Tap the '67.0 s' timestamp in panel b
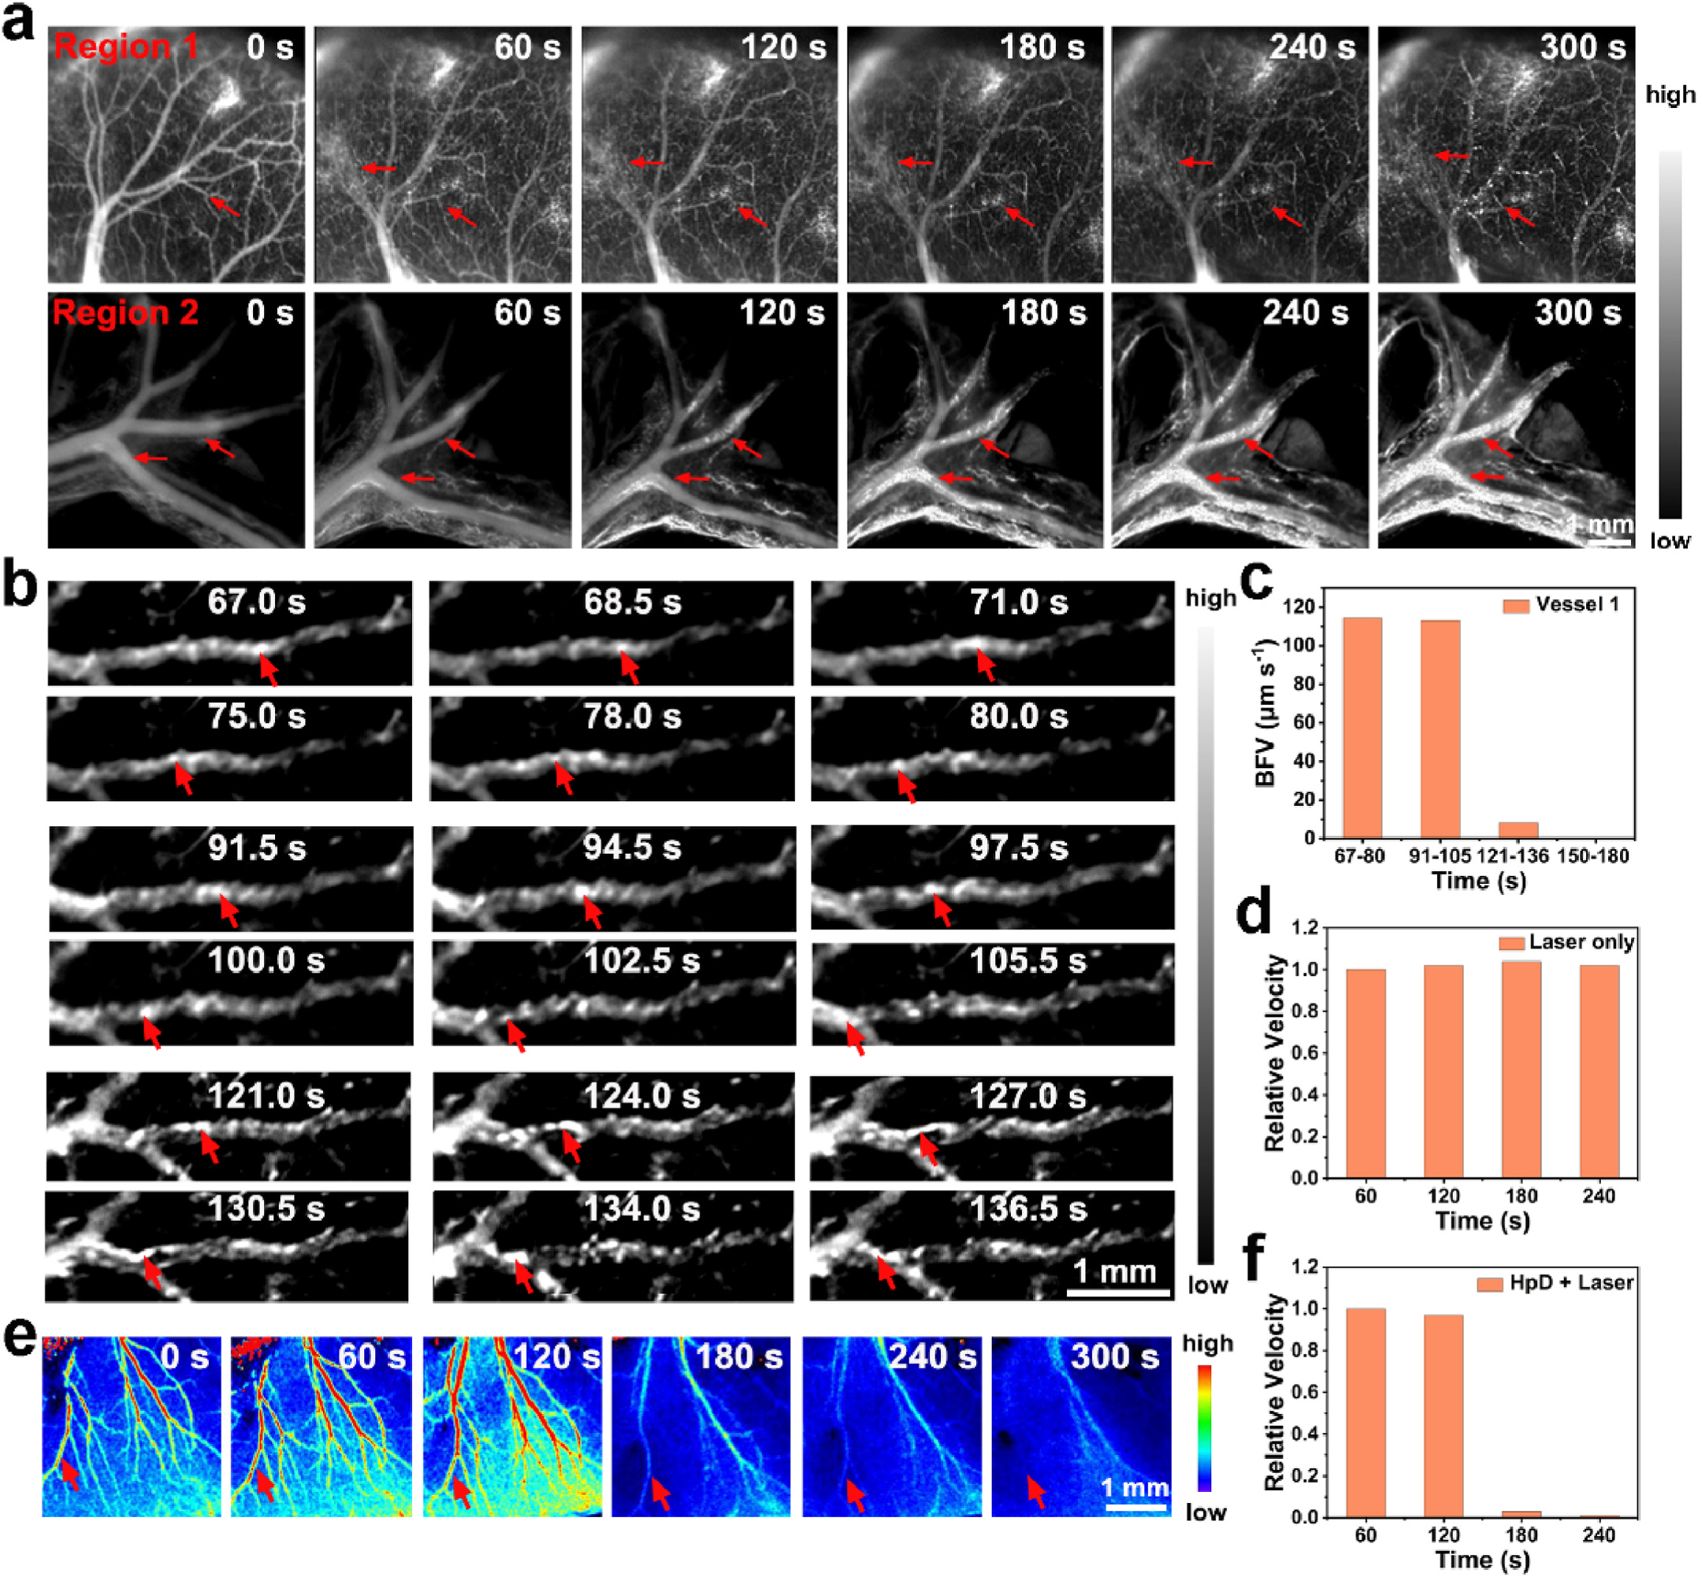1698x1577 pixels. tap(256, 603)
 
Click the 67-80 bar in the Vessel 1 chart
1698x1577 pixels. tap(1362, 727)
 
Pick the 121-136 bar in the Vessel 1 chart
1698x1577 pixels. tap(1518, 829)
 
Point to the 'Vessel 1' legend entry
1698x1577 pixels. tap(1576, 604)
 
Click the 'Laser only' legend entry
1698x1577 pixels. tap(1580, 942)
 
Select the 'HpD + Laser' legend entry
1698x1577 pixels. tap(1570, 1282)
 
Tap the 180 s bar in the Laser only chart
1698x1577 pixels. tap(1521, 1069)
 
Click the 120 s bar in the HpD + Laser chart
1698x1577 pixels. tap(1443, 1416)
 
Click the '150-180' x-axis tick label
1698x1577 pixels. tap(1592, 856)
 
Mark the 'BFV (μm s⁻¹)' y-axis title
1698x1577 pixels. tap(1265, 712)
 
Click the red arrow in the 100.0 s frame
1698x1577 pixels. tap(152, 1033)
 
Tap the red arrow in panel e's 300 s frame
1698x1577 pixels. tap(1036, 1492)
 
